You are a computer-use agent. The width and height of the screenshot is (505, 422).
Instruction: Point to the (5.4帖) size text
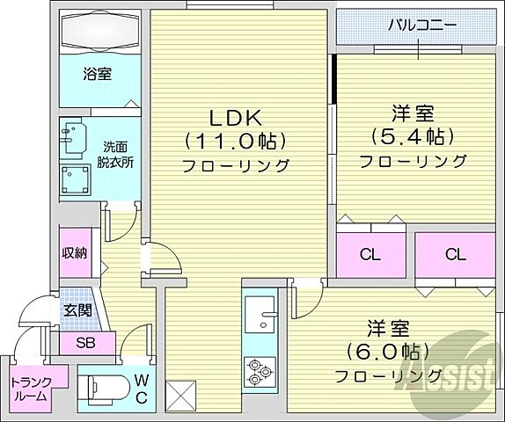pyautogui.click(x=413, y=137)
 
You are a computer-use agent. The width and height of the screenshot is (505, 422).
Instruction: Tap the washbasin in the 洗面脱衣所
pyautogui.click(x=71, y=136)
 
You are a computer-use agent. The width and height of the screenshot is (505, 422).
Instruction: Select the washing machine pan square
pyautogui.click(x=76, y=179)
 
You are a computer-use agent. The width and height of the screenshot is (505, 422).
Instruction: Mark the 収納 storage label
pyautogui.click(x=75, y=253)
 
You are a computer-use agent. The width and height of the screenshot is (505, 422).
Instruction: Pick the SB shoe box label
pyautogui.click(x=85, y=342)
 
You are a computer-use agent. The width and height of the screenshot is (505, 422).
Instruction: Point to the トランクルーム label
pyautogui.click(x=31, y=389)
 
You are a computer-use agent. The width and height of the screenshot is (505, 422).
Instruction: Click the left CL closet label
pyautogui.click(x=370, y=255)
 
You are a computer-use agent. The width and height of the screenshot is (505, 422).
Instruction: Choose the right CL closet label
pyautogui.click(x=454, y=255)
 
